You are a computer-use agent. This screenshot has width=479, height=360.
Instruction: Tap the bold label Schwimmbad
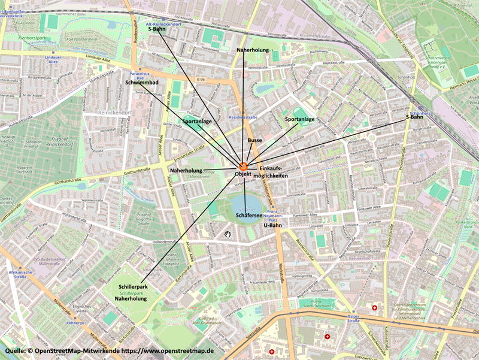pos(141,82)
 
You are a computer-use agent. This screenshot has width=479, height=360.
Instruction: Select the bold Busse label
pos(255,140)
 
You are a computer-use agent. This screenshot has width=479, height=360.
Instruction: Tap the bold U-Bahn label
pos(272,226)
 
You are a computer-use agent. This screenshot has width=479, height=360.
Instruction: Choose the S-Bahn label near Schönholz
pos(415,117)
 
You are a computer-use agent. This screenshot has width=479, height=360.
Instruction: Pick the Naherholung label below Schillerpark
pos(131,297)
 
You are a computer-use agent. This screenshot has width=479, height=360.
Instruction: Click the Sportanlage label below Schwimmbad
pos(197,121)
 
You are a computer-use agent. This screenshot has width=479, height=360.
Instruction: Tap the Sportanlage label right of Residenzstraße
pos(300,119)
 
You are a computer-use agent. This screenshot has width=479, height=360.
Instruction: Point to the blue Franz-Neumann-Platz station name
pos(275,216)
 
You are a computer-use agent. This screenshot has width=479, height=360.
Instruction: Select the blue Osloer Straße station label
pos(353,318)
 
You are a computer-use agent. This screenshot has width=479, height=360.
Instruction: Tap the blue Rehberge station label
pos(74,306)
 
